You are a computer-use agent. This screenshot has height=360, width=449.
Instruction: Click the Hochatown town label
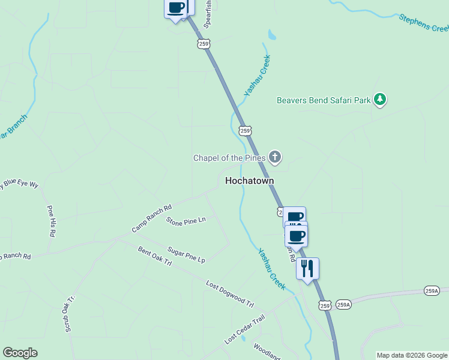(249, 180)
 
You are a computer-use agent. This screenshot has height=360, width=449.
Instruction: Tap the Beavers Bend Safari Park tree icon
(379, 100)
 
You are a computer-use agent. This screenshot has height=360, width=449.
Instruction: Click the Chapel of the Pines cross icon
(275, 158)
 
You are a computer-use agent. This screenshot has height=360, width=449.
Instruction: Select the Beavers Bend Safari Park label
(324, 100)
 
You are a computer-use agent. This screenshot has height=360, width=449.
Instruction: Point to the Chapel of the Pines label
(229, 158)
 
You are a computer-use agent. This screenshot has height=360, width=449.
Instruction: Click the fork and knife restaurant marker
(307, 268)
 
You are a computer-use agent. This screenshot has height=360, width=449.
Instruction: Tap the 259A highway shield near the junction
(343, 305)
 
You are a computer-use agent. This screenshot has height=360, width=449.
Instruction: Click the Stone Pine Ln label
(185, 221)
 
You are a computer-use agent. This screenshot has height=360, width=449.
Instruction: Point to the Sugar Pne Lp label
(186, 255)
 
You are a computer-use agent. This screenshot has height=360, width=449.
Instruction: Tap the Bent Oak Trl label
(155, 257)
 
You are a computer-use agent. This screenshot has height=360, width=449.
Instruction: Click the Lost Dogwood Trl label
(230, 294)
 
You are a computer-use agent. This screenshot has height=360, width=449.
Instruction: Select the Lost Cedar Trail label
(244, 330)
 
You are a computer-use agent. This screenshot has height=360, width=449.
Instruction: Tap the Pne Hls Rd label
(52, 220)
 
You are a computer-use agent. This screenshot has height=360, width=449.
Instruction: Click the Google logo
(20, 353)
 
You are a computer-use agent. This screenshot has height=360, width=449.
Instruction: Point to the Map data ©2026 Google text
(411, 355)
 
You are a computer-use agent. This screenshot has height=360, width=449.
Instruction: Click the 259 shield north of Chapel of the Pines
(244, 130)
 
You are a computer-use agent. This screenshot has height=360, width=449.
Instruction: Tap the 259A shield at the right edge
(431, 291)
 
